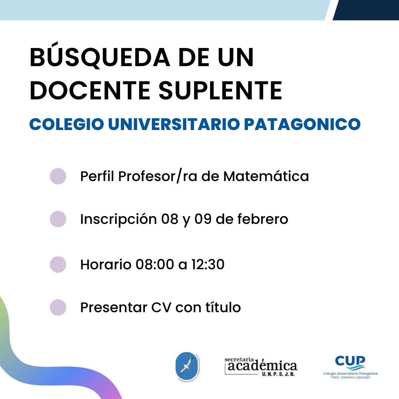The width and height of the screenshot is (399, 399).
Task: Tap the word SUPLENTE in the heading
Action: click(220, 91)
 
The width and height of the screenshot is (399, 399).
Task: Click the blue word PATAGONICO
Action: click(302, 124)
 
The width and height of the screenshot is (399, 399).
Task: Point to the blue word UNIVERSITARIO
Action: click(174, 124)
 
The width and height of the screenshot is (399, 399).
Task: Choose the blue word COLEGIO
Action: click(66, 124)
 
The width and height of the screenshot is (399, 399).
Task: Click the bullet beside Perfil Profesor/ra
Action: click(58, 176)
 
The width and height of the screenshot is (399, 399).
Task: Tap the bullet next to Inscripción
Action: click(58, 219)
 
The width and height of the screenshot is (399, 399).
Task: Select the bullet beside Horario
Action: click(58, 265)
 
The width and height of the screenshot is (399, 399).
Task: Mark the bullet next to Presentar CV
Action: click(58, 307)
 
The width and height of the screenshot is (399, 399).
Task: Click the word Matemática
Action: click(266, 176)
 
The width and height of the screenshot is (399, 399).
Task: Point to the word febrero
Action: click(263, 219)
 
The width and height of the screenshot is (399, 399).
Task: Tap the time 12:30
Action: click(208, 265)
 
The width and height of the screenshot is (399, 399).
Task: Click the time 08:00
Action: click(155, 265)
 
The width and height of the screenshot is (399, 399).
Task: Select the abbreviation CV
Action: click(161, 307)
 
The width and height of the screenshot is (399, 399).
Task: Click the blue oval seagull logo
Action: click(187, 366)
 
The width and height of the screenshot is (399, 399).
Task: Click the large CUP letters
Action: click(350, 361)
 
